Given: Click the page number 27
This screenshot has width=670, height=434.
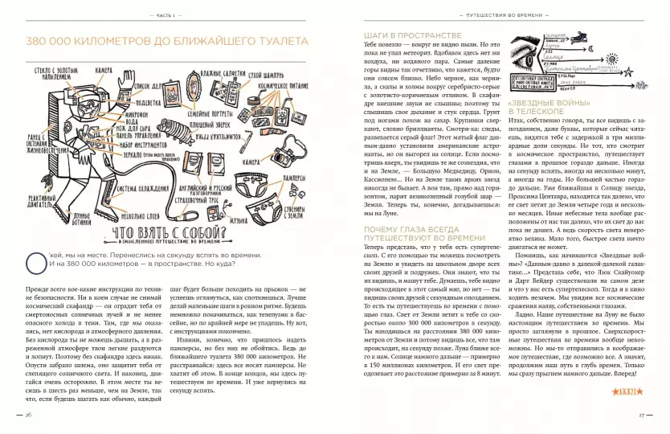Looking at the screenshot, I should coord(642,415).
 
